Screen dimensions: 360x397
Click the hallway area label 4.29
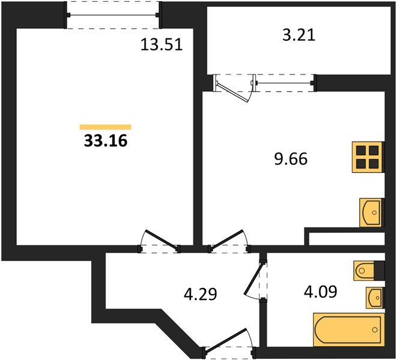[199, 294]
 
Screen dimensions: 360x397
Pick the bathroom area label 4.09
[320, 292]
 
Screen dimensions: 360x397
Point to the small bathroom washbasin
[374, 296]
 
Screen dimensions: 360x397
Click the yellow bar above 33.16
[105, 127]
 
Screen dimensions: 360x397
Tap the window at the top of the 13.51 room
[114, 15]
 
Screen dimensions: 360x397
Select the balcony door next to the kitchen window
[234, 88]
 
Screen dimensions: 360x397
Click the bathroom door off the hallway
[256, 280]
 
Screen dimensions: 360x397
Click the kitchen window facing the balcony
[285, 82]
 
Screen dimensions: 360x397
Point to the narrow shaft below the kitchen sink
[345, 238]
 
